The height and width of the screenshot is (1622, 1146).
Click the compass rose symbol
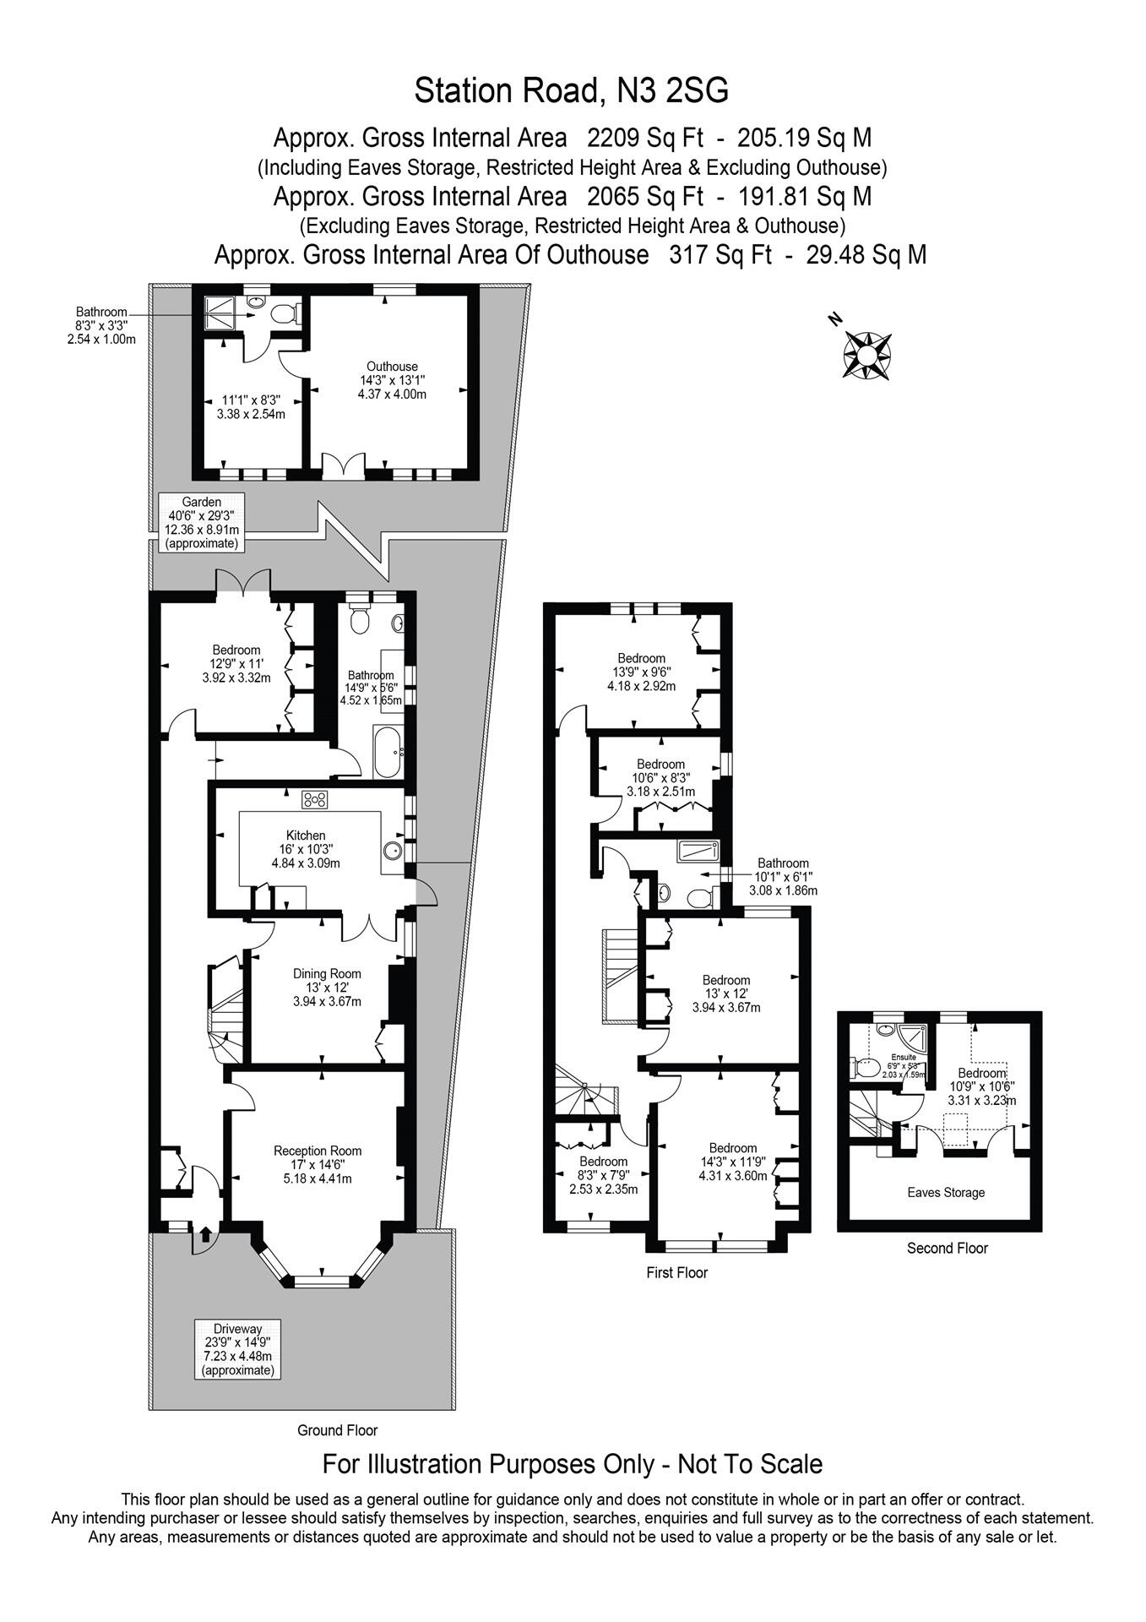click(x=866, y=353)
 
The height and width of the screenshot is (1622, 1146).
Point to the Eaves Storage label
click(x=946, y=1192)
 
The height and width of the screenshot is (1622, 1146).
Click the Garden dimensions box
click(x=201, y=522)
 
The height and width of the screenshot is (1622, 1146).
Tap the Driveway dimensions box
click(x=237, y=1349)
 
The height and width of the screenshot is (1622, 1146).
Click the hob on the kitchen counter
click(x=314, y=799)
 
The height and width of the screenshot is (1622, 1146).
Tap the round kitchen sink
click(x=392, y=849)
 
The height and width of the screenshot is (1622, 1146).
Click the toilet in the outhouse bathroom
click(x=286, y=313)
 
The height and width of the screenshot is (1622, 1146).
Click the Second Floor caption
click(x=947, y=1248)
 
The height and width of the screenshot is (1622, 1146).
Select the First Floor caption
click(x=676, y=1272)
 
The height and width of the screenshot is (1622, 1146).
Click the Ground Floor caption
click(x=337, y=1430)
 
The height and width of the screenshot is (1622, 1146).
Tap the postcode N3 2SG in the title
click(x=672, y=90)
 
